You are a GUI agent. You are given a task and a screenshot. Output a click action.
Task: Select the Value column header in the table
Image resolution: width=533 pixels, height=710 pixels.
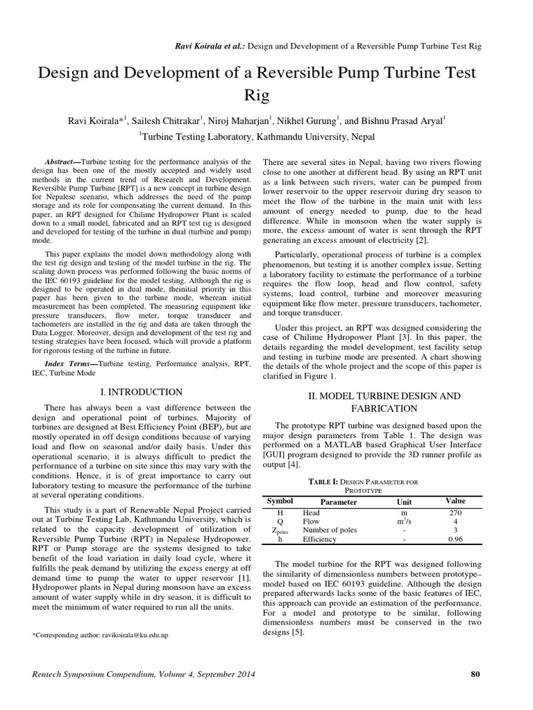(456, 501)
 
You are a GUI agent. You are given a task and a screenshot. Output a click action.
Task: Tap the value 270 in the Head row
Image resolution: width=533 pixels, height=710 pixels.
(455, 512)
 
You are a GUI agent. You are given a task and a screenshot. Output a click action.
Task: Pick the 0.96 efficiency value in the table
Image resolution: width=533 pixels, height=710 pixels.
(455, 539)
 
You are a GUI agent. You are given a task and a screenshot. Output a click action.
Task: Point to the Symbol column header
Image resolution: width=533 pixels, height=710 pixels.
(280, 501)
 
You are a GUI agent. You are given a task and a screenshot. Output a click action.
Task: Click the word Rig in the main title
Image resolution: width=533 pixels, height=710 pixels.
(266, 94)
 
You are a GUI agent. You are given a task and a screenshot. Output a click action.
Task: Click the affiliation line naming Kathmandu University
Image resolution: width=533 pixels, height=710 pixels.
(266, 137)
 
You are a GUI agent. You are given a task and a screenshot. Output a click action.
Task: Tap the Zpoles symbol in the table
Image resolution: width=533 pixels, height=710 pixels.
(280, 530)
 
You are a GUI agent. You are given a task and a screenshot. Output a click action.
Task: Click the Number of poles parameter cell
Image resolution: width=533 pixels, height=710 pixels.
(330, 530)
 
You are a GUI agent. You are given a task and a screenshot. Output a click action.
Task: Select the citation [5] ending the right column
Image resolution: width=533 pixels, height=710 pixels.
(308, 633)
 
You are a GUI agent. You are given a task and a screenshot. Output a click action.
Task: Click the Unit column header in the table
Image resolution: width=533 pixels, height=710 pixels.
(403, 501)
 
